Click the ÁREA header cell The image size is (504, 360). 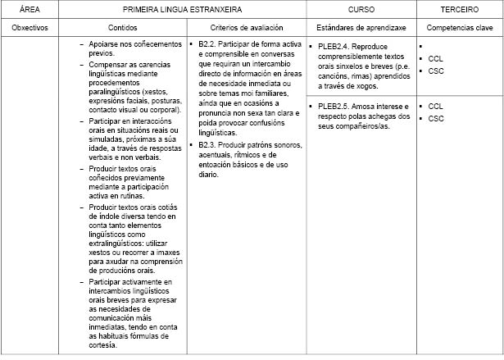pos(31,9)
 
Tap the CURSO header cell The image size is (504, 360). pos(362,9)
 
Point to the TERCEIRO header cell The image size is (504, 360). pos(459,9)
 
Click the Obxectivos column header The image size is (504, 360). pos(31,27)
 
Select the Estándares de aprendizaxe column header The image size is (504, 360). pos(361,27)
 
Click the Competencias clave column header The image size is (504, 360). pos(459,27)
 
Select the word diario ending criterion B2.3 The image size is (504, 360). pos(208,174)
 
